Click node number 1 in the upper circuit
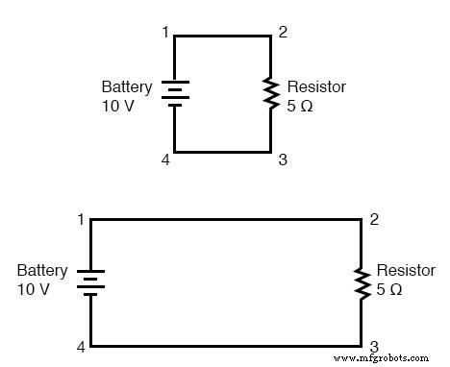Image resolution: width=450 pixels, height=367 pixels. [x=165, y=33]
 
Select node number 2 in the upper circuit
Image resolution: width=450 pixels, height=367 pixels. [x=283, y=33]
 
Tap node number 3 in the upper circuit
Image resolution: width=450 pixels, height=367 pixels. [x=283, y=159]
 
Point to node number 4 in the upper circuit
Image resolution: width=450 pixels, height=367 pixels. [x=165, y=159]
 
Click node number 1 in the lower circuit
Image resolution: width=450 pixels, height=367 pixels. [x=81, y=220]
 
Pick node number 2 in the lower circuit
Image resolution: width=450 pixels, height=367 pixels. [x=373, y=220]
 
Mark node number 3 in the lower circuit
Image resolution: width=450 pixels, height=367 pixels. [x=373, y=346]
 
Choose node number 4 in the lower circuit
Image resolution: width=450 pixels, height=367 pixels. [x=81, y=346]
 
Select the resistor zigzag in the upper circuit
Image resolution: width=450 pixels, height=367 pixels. [x=270, y=93]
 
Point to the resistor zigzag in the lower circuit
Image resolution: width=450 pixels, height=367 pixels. [x=361, y=281]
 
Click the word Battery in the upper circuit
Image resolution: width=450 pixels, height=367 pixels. [x=126, y=86]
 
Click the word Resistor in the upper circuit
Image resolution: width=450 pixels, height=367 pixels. [x=316, y=86]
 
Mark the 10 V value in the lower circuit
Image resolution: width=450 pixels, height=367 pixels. [x=35, y=289]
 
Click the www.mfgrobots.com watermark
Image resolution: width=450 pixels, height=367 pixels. [x=388, y=357]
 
